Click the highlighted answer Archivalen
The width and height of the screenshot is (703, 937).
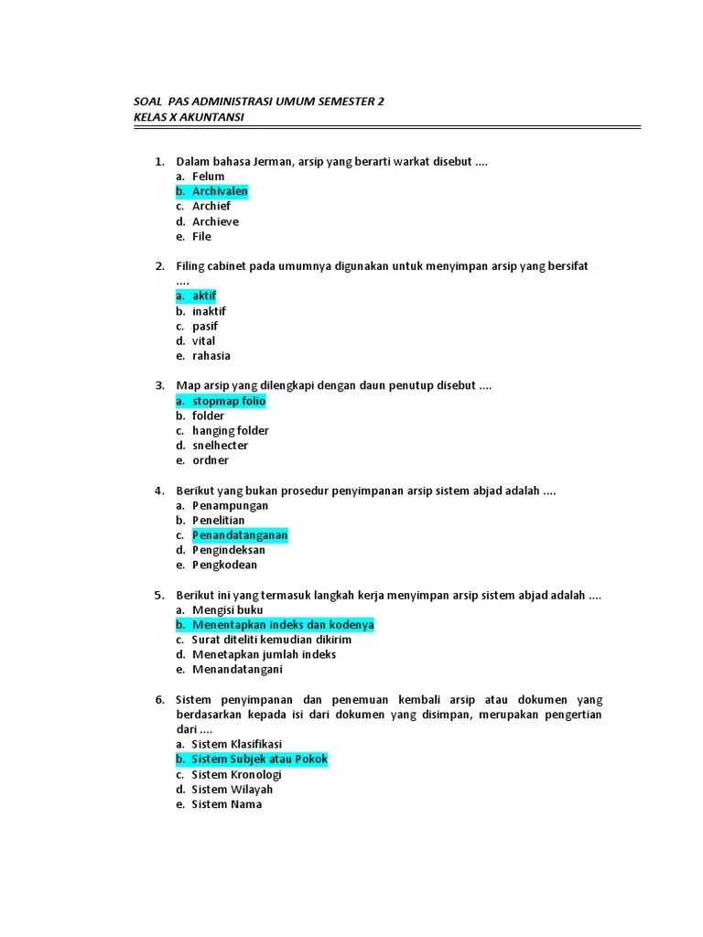(220, 191)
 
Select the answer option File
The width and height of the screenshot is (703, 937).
(201, 236)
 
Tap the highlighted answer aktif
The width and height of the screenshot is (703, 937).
(204, 296)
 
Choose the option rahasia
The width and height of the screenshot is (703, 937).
(211, 356)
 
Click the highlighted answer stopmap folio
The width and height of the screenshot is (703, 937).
(229, 401)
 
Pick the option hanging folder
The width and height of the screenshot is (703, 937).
(231, 430)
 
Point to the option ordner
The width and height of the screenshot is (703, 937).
(211, 460)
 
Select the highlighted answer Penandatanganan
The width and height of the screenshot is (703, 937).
(240, 534)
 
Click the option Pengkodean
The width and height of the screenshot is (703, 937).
(224, 565)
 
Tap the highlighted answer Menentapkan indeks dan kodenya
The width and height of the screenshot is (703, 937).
(283, 624)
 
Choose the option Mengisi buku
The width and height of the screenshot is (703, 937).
(228, 609)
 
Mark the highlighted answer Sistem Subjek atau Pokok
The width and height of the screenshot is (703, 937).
(259, 759)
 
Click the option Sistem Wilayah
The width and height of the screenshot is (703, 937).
(233, 789)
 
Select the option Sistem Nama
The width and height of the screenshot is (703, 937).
(227, 804)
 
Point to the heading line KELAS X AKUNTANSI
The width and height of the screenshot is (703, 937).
(189, 117)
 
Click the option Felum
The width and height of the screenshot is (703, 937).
(208, 177)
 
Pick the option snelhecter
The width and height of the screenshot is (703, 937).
(220, 446)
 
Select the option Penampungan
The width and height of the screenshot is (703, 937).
(231, 505)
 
